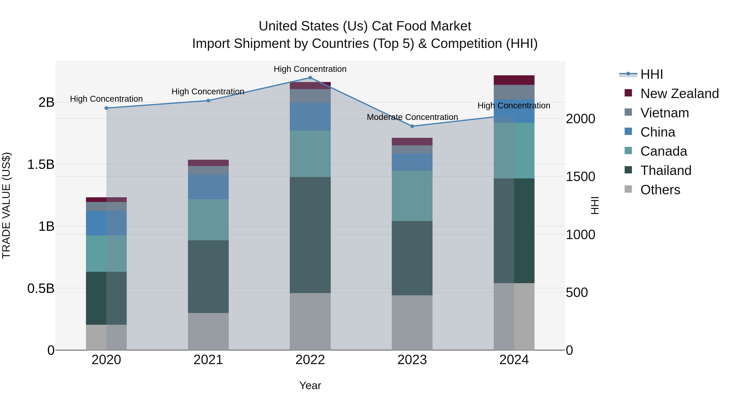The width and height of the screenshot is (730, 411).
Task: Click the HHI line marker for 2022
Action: click(x=310, y=78)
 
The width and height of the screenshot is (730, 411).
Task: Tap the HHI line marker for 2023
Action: click(x=412, y=126)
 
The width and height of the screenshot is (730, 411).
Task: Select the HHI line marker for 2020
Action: click(x=106, y=108)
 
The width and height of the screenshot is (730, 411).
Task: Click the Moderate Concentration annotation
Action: click(x=412, y=117)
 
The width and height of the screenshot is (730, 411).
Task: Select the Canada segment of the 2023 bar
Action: click(x=412, y=196)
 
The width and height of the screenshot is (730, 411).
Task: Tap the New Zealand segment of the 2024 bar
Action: click(x=514, y=80)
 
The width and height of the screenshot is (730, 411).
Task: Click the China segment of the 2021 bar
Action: click(x=208, y=187)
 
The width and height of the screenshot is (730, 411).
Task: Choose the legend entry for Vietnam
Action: click(x=664, y=113)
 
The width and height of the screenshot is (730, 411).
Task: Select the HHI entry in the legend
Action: click(x=651, y=74)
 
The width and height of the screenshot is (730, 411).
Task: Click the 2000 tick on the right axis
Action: click(x=580, y=119)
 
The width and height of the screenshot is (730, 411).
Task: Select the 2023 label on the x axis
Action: click(x=412, y=360)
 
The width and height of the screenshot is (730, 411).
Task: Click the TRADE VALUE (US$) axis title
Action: click(x=6, y=205)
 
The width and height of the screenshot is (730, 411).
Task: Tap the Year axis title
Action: click(x=310, y=385)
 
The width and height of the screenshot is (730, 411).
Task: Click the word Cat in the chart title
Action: click(x=382, y=26)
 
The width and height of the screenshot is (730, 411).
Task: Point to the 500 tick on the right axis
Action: click(x=577, y=292)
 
